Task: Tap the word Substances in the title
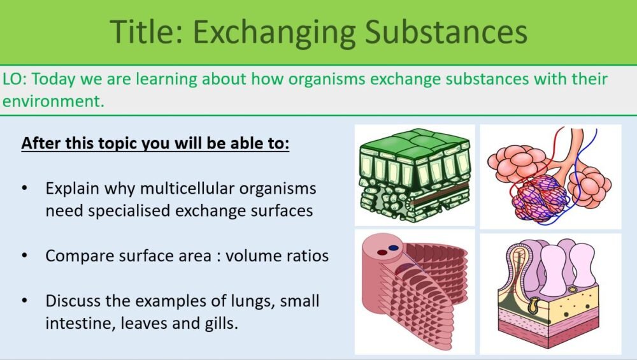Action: (445, 31)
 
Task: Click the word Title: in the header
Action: (146, 31)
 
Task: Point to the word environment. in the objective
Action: (53, 101)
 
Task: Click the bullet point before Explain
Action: (25, 189)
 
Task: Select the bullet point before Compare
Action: (25, 256)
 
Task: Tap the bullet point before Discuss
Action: (25, 301)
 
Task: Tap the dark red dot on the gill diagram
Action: (382, 252)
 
